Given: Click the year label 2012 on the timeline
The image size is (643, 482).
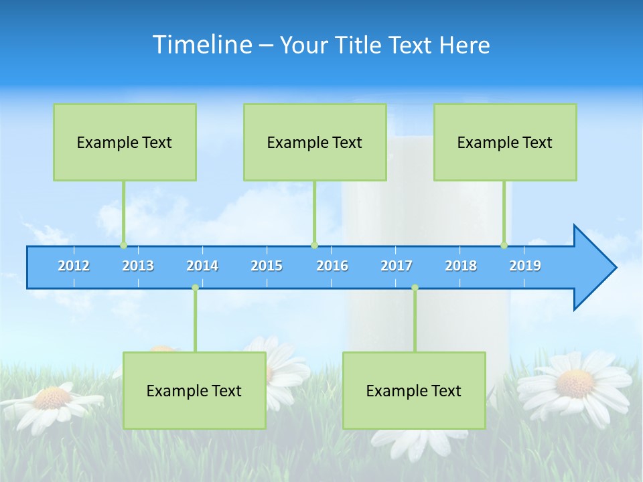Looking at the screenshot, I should pos(74,266).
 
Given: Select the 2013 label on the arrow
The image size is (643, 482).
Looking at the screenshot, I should pos(138,266).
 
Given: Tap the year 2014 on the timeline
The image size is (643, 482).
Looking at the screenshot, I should pos(202,266).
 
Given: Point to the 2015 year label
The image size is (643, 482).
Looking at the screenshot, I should pos(267,266).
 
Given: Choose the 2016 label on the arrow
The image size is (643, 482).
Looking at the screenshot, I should pos(332,266).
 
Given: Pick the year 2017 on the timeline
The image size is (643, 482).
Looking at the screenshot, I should pos(397,266).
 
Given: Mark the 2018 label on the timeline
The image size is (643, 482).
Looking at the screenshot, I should pos(461,266).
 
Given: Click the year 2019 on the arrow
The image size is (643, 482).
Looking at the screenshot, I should pos(525,266).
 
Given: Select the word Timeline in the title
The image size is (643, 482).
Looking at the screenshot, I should pos(202,45).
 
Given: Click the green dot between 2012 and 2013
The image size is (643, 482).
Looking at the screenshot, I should pos(123,246).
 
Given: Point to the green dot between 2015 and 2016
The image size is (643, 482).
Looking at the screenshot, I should pos(315,246).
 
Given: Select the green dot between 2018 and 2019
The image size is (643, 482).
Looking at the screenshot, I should pos(504,246).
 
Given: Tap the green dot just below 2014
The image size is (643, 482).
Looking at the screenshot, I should pos(195,288).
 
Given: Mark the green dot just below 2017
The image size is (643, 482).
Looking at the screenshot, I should pos(415,288).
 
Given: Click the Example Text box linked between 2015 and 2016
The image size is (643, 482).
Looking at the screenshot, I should pos(315,142).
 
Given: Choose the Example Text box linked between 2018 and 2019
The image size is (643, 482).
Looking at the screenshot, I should pos(505,142).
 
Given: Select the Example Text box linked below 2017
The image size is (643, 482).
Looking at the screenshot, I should pos(414,390).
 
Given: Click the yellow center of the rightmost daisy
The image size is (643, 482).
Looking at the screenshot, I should pos(575,383).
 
